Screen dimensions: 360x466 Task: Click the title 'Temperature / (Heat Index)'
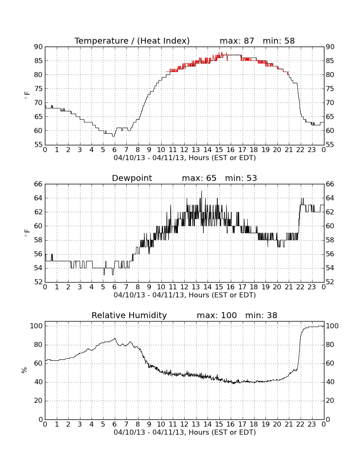coord(132,41)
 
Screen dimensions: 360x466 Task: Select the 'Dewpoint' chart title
coord(132,178)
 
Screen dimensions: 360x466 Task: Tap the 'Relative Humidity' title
coord(129,315)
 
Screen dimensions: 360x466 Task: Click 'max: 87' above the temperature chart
coord(237,41)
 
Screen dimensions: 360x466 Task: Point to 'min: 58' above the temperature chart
coord(279,41)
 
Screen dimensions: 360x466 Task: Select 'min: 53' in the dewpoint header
coord(241,178)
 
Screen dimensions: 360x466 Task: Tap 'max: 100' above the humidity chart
coord(217,315)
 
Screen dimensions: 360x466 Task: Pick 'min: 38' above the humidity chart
coord(261,315)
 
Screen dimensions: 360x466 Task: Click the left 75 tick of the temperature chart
coord(38,89)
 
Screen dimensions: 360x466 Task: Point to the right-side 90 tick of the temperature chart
coord(330,47)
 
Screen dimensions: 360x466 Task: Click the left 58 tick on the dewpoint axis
coord(38,240)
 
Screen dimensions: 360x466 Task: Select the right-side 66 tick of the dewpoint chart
coord(330,184)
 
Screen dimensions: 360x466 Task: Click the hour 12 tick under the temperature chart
coord(184,150)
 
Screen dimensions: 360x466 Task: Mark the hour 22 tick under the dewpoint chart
coord(300,287)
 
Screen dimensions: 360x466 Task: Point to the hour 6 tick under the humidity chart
coord(115,424)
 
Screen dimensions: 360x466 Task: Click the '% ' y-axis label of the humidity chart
coord(25,370)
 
